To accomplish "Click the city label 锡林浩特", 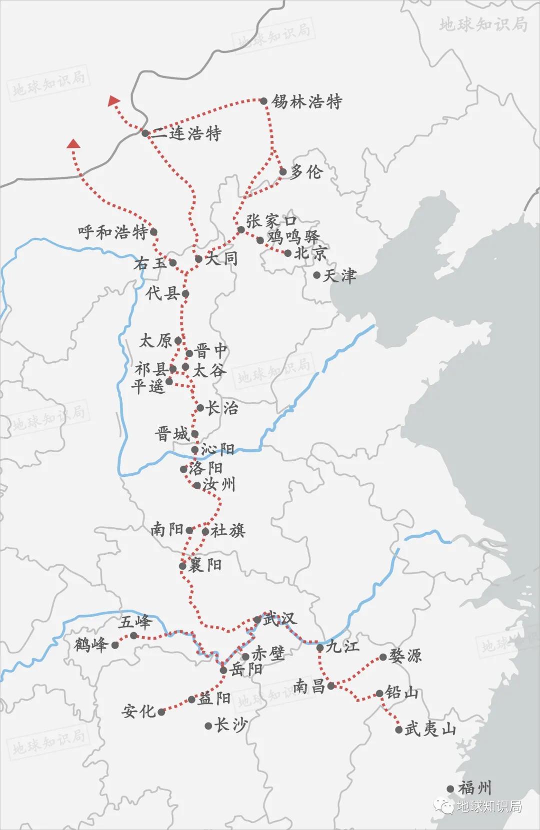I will click(306, 102).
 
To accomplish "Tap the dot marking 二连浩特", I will click(144, 133).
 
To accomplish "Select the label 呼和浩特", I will click(113, 232).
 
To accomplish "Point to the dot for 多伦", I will click(282, 172).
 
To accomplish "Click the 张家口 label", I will click(271, 220).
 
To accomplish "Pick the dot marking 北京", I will click(287, 253).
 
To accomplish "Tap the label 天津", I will click(340, 276).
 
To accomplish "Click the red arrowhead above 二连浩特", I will click(114, 101).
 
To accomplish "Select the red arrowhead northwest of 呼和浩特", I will click(74, 144).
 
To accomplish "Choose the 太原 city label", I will click(155, 341).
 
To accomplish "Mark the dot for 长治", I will click(200, 408).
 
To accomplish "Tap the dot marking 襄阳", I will click(182, 566).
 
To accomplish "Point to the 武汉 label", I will click(280, 619).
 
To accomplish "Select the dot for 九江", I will click(320, 648).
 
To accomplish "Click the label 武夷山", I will click(430, 730).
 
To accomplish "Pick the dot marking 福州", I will click(450, 789).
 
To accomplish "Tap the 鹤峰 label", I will click(91, 645).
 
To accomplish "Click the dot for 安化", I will click(161, 712).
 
